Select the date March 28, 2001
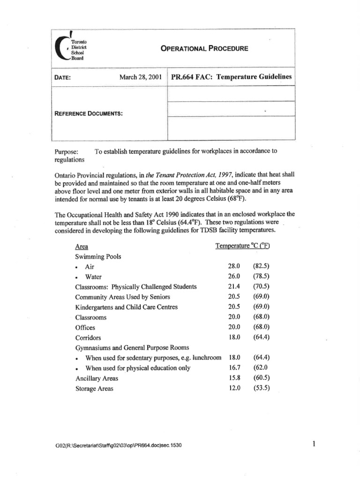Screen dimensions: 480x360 [x=140, y=77]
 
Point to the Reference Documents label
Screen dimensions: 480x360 [x=89, y=114]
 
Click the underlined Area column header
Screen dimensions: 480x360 [x=81, y=246]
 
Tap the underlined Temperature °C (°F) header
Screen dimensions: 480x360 [x=246, y=246]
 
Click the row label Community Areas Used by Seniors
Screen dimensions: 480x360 [x=122, y=297]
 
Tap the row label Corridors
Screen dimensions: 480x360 [x=88, y=337]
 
